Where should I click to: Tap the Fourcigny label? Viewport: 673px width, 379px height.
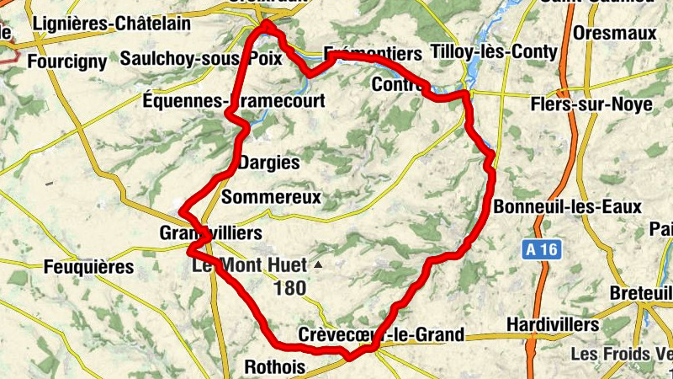pos(67,61)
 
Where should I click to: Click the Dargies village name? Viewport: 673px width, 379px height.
pos(269,163)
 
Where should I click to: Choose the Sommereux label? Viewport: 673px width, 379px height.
pos(271,197)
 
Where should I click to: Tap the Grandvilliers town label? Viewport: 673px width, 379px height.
pos(210,232)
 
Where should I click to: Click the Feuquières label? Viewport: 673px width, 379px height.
pos(88,267)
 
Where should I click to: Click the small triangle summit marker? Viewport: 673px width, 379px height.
pos(318,264)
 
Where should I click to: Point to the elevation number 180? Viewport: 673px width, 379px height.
pos(289,288)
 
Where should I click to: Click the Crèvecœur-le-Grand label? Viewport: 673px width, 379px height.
pos(381,335)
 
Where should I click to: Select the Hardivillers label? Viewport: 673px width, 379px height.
pos(553,324)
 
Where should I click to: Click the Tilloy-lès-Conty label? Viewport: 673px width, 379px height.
pos(493,52)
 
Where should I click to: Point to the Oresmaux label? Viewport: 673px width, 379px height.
pos(613,33)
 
